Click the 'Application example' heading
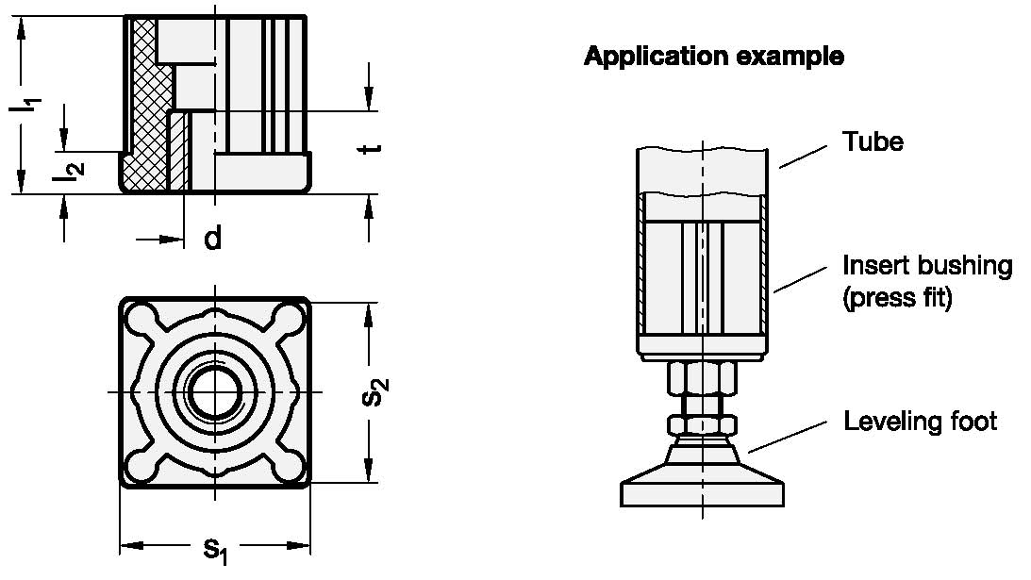713,57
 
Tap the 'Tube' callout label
873,141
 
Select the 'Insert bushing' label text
927,265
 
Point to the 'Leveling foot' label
920,421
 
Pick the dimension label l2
68,168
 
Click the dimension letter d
213,239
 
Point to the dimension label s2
375,391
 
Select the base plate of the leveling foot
702,493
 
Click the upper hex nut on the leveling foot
702,380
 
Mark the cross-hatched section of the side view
147,113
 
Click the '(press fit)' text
897,299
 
